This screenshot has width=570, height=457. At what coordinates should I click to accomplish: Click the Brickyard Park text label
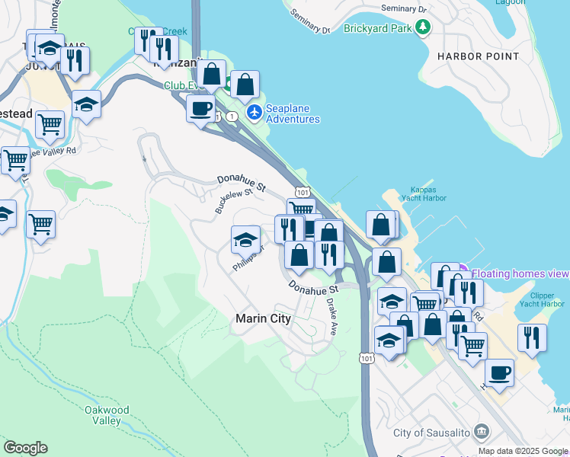coord(376,28)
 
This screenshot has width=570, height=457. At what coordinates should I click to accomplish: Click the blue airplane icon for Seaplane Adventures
coord(254,113)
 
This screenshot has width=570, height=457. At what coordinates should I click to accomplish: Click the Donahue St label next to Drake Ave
coord(312,288)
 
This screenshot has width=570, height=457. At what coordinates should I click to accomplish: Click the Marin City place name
coord(263,319)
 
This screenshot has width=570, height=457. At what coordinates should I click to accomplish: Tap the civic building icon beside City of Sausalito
coord(481,433)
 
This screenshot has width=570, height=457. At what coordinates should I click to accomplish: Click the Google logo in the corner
coord(25,448)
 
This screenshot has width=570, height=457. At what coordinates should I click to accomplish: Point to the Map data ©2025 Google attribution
coord(523,451)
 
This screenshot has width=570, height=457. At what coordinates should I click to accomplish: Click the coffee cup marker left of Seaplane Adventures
coord(200,108)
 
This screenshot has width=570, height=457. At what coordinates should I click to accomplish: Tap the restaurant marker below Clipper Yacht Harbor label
coord(532,337)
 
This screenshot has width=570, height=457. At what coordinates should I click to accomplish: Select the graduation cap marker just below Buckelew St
coord(245,240)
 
